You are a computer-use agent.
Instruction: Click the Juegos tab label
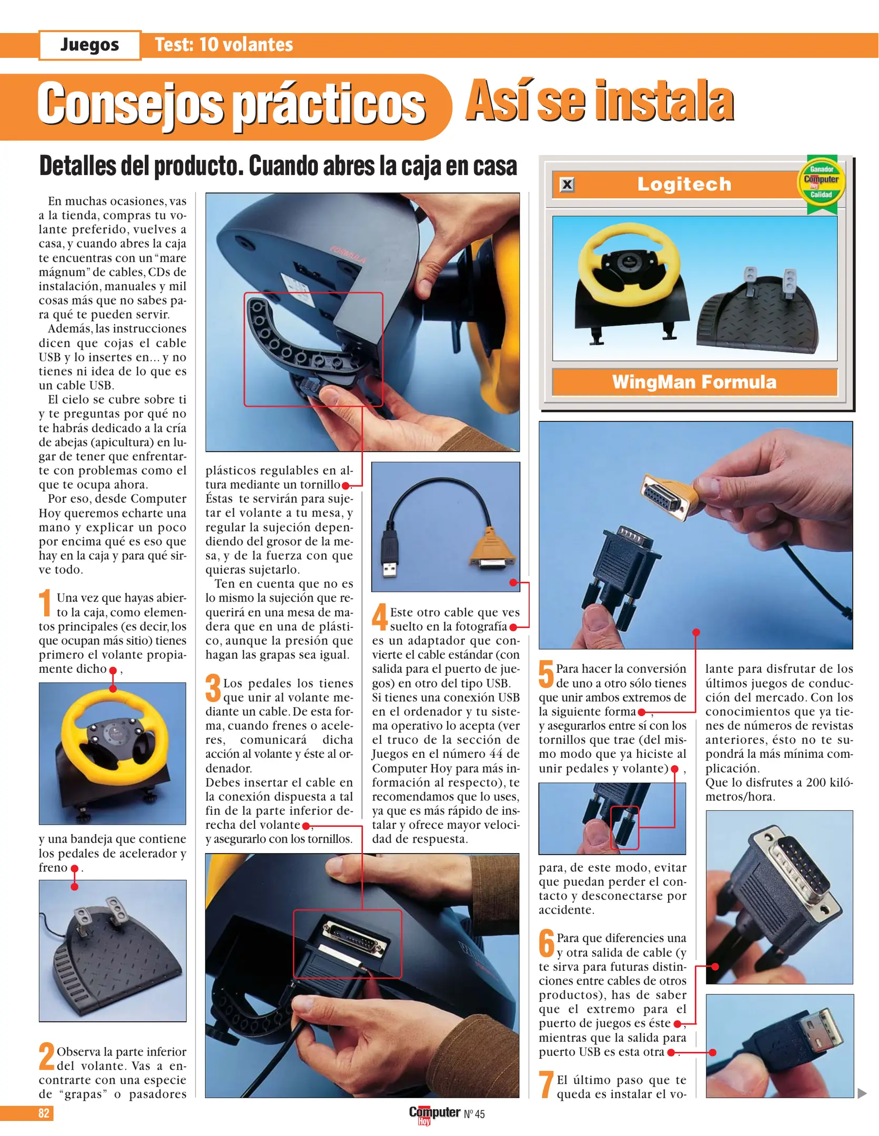click(90, 45)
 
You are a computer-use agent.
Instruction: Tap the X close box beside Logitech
click(567, 185)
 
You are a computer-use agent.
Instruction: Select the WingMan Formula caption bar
click(694, 382)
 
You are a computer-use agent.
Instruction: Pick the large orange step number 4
click(380, 617)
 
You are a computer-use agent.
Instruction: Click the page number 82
click(44, 1113)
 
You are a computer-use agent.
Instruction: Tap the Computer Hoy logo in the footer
click(435, 1114)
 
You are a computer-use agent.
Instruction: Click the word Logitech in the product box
click(684, 184)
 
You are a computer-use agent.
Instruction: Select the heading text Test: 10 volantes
click(224, 45)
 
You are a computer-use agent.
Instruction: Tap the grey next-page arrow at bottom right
click(862, 1093)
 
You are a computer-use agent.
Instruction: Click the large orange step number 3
click(213, 688)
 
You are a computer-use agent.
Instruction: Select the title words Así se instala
click(600, 101)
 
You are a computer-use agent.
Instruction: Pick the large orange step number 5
click(547, 674)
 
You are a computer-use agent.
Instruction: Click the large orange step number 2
click(46, 1056)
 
